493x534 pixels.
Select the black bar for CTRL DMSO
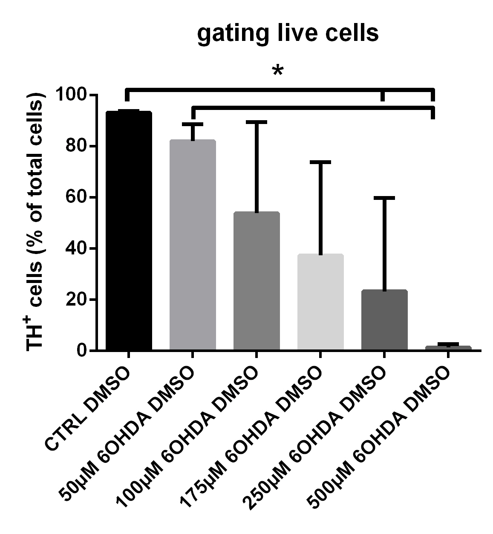coord(129,230)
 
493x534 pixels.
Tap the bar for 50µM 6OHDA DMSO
coord(193,245)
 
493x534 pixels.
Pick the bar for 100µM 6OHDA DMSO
coord(257,281)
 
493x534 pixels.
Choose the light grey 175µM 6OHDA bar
coord(320,303)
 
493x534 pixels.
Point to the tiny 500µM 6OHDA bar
coord(448,348)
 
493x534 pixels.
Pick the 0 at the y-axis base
coord(83,351)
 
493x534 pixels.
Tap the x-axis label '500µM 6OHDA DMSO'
coord(379,439)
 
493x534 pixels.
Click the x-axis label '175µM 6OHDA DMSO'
coord(251,439)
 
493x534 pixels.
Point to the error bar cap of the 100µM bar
coord(257,122)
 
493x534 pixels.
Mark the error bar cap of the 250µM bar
coord(384,198)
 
